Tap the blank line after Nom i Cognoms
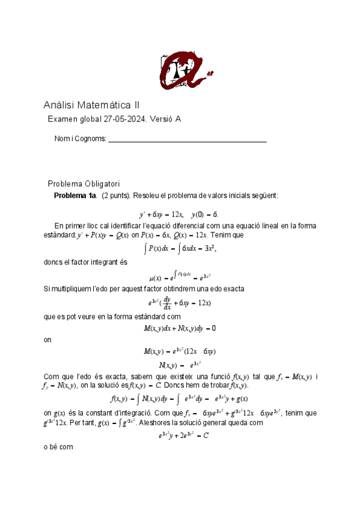pyautogui.click(x=187, y=140)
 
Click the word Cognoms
pyautogui.click(x=90, y=139)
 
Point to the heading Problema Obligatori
pyautogui.click(x=84, y=183)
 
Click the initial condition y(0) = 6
pyautogui.click(x=204, y=214)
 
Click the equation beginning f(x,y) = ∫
pyautogui.click(x=180, y=399)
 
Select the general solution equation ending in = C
pyautogui.click(x=179, y=435)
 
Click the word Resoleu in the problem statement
pyautogui.click(x=145, y=196)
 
